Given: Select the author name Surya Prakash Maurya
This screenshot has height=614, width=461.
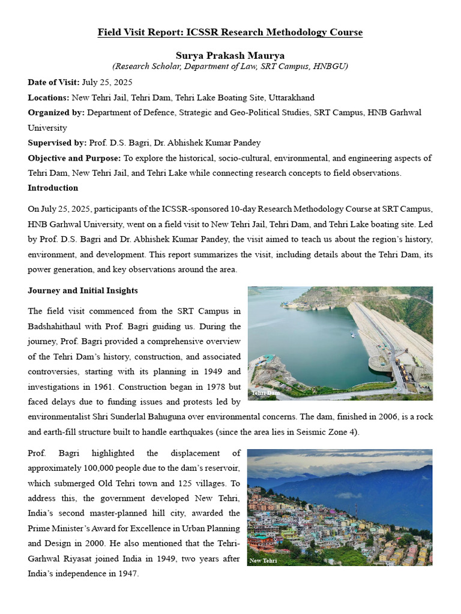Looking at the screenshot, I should (x=230, y=56).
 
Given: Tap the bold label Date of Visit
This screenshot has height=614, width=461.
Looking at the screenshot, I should (x=53, y=82).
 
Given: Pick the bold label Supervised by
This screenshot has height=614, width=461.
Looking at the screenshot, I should (x=57, y=143).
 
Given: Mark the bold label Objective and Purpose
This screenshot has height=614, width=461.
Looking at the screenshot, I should (x=74, y=158).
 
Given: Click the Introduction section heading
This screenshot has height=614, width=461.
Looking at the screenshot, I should (x=53, y=188).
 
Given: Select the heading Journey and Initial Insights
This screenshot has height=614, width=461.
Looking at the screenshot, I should (x=83, y=290).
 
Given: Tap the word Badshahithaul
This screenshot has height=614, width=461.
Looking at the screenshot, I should (x=57, y=327).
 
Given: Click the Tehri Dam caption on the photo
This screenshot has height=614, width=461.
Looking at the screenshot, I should (x=265, y=393).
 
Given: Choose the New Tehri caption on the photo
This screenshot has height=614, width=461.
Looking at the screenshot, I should (x=263, y=561).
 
